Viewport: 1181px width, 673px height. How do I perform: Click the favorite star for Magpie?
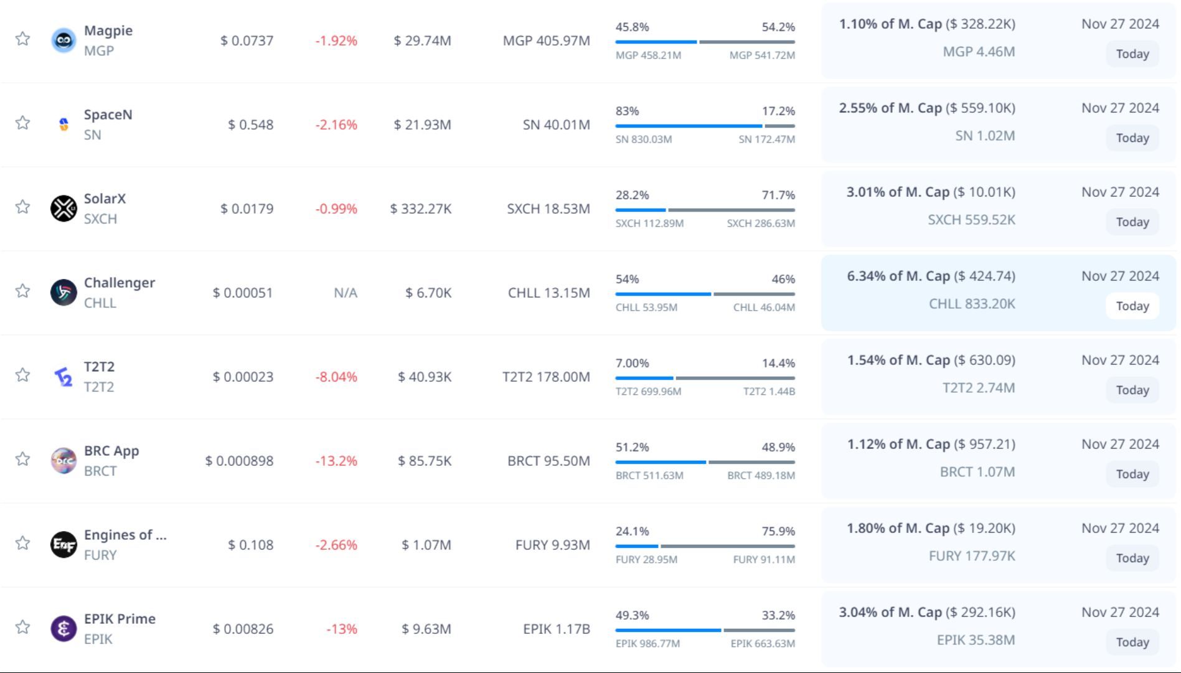point(23,39)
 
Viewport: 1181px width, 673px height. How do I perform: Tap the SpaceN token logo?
point(64,125)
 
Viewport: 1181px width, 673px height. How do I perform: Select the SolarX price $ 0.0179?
point(247,209)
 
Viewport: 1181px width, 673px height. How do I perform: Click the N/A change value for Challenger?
point(346,293)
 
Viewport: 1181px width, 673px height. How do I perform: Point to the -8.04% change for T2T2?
point(336,377)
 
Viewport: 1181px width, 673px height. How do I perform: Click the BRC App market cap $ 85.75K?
point(425,461)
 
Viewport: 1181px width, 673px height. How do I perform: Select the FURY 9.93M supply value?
point(552,545)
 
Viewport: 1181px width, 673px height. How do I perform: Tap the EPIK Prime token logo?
point(64,628)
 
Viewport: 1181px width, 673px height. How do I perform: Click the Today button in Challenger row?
point(1132,306)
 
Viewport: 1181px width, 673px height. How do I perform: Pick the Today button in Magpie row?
point(1132,54)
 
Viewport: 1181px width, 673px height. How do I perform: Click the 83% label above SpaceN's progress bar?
point(627,111)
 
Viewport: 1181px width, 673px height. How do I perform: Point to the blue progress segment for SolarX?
point(640,210)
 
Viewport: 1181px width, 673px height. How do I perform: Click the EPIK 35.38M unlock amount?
point(976,640)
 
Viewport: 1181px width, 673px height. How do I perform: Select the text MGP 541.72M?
point(762,55)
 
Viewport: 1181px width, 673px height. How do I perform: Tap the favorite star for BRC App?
point(23,459)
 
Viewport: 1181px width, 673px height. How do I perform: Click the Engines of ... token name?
point(125,535)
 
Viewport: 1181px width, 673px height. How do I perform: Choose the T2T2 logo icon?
point(64,377)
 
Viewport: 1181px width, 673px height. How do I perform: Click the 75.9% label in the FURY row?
point(778,531)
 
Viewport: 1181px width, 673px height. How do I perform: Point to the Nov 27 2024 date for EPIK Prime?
point(1120,612)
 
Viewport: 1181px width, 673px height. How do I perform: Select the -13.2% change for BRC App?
point(336,461)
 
